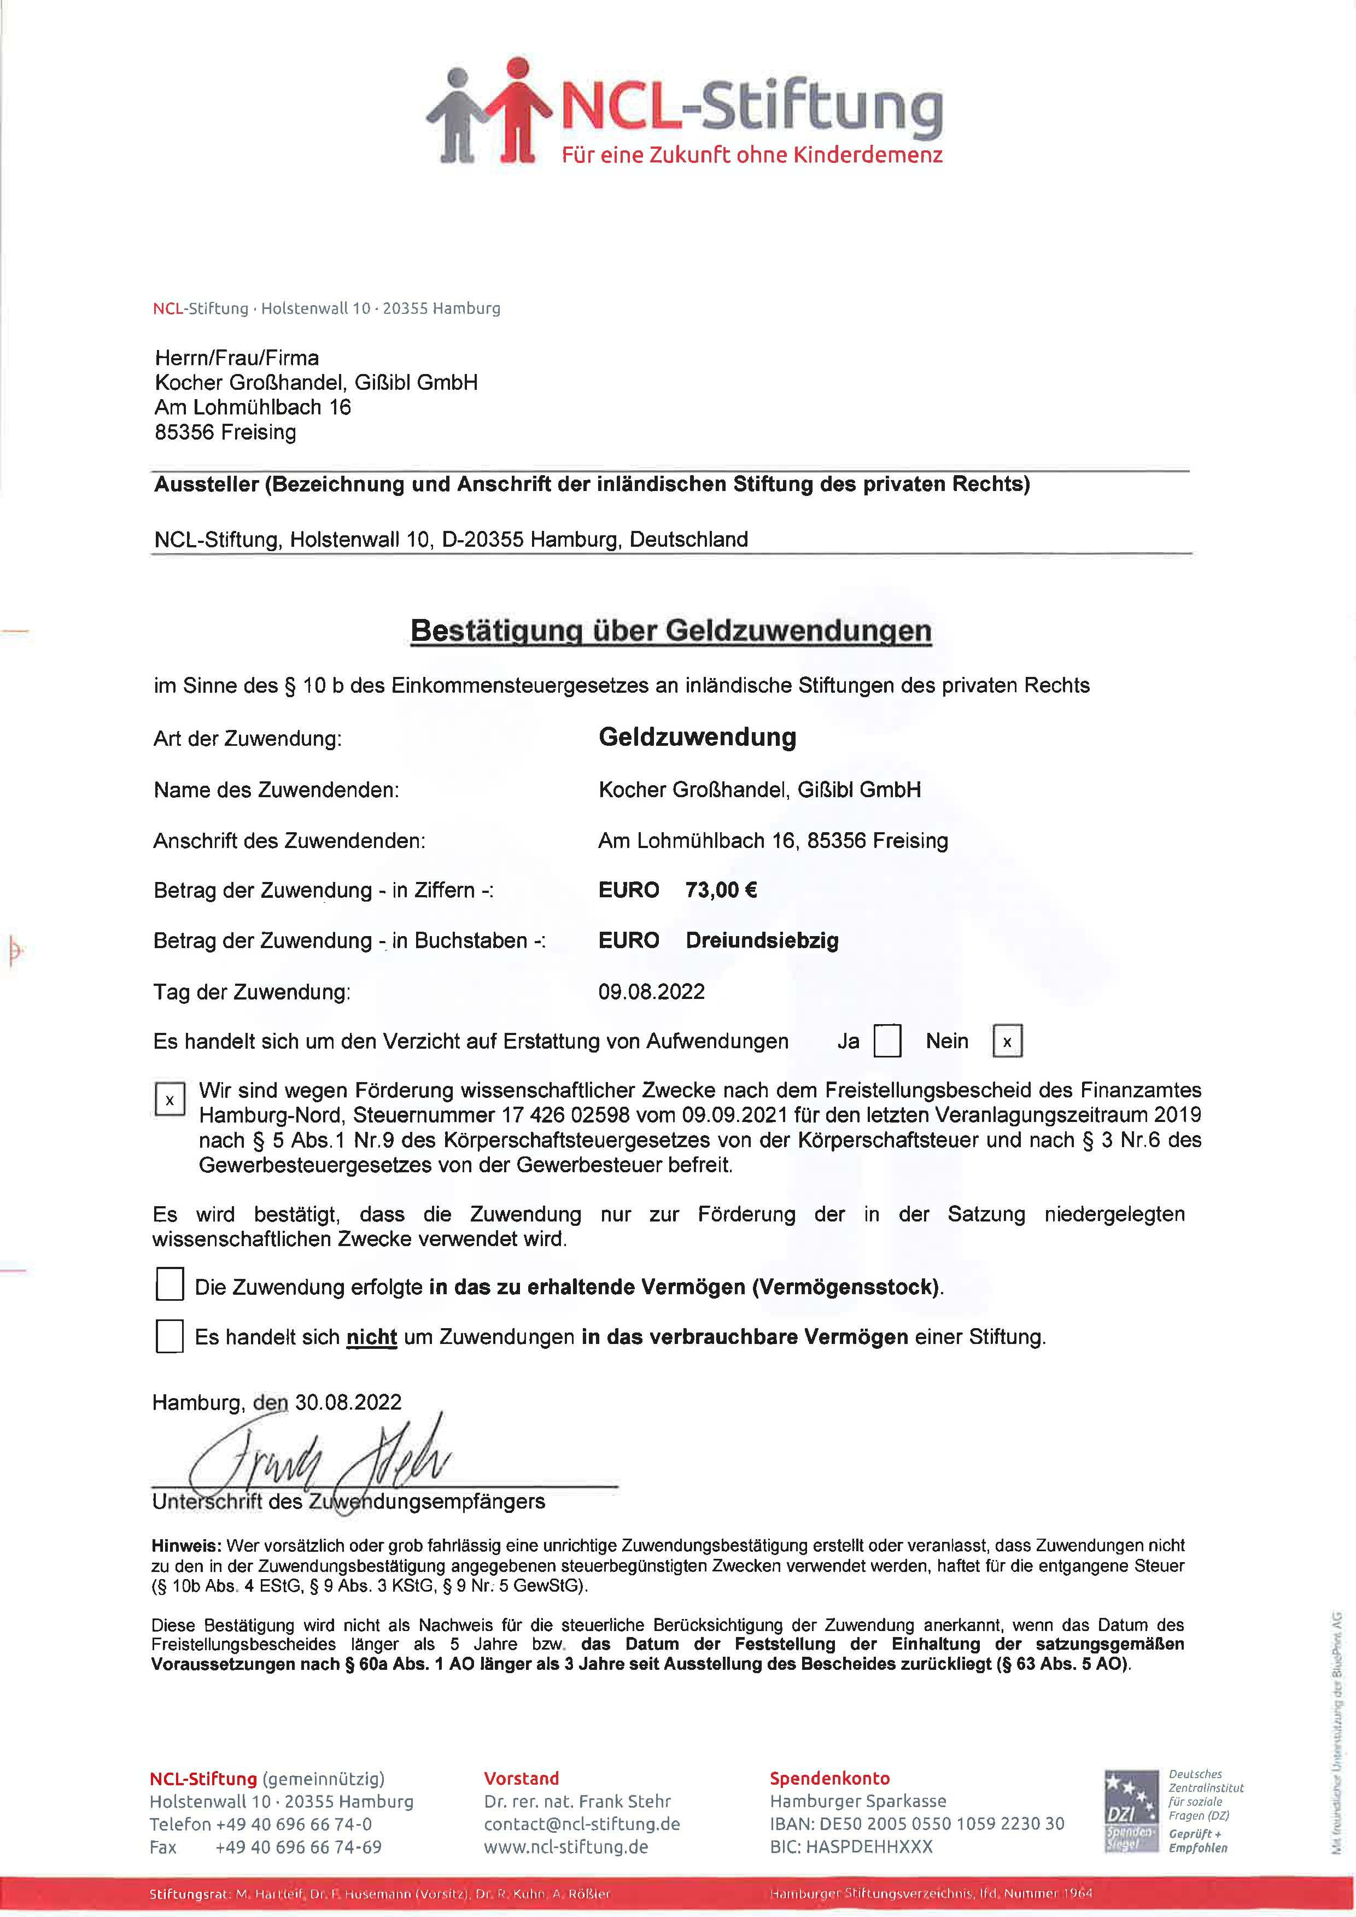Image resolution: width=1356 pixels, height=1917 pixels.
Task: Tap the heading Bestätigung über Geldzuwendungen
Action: [670, 630]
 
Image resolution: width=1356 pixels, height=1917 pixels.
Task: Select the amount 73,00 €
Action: [721, 890]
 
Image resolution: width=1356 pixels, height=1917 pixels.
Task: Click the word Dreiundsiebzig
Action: [762, 941]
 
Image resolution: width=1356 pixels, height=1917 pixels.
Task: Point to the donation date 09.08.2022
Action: [651, 992]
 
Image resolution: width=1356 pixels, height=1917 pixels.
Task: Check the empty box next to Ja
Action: [887, 1041]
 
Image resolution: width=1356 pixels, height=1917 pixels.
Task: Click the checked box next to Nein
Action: [1007, 1041]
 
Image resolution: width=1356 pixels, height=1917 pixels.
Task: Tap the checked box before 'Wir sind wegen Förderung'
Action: [169, 1100]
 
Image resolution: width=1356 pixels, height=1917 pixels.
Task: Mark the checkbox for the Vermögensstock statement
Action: [169, 1284]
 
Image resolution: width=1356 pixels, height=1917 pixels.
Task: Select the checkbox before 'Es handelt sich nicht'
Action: [169, 1336]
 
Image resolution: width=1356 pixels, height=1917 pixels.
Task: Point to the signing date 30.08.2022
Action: [348, 1402]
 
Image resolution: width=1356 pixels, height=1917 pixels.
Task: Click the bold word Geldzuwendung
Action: [697, 737]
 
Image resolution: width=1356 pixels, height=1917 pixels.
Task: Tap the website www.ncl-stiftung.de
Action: [566, 1848]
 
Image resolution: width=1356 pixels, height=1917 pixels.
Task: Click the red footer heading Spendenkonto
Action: [829, 1779]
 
